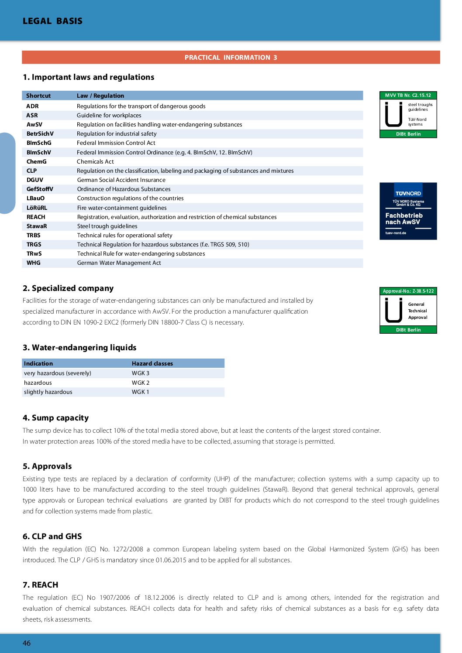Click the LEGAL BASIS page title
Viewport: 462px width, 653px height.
point(52,21)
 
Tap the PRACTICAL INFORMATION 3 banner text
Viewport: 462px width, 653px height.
point(231,58)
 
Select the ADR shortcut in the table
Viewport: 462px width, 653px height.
point(32,106)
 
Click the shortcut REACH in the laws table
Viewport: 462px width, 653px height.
point(36,217)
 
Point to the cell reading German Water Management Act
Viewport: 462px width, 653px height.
point(119,263)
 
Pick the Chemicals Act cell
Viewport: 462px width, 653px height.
point(95,161)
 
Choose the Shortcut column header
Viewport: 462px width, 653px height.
point(38,96)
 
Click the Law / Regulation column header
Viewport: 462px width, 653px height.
point(100,96)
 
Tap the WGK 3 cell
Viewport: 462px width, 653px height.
point(141,373)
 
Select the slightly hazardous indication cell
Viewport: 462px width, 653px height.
point(48,392)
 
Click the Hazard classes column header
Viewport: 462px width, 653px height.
point(152,363)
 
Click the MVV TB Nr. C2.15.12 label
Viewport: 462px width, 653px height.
point(408,95)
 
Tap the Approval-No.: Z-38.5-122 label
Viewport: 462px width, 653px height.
point(408,291)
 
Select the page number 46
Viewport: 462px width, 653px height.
point(27,643)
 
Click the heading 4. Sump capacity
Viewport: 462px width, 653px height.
point(55,417)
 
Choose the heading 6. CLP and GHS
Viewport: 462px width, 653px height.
point(52,536)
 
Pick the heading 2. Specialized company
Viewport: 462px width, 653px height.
point(68,288)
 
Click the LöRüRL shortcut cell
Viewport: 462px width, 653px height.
point(37,208)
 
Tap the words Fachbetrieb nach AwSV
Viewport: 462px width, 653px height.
point(403,219)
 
